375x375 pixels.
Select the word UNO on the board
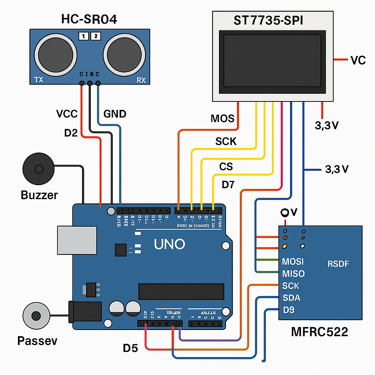169,244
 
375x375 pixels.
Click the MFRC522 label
319,332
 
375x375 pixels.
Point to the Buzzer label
39,194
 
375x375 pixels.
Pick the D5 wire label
130,348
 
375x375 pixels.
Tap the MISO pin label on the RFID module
293,274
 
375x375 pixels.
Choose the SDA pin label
292,298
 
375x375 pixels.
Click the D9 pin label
289,310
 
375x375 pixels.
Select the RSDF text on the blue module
338,263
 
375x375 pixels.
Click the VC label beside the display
358,60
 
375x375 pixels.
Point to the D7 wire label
228,185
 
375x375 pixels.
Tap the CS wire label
226,167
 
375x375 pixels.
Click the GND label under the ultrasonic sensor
115,114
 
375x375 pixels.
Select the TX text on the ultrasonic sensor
38,79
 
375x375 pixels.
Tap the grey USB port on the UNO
77,240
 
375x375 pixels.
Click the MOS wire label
222,118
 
